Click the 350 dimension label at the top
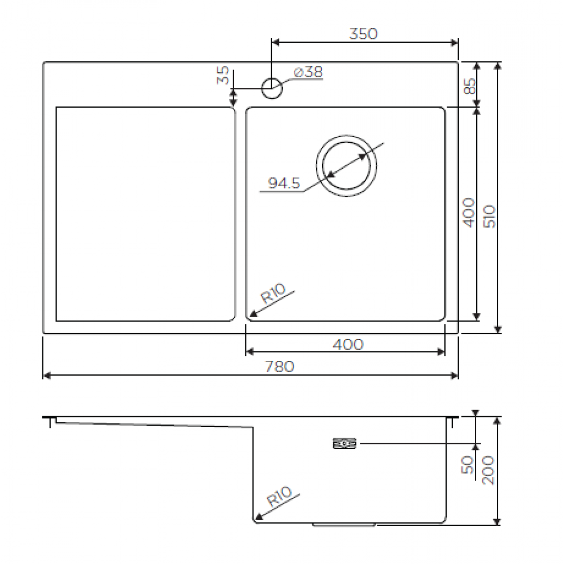click(363, 34)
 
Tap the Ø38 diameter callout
click(309, 72)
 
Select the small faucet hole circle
click(272, 89)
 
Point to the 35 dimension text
click(223, 75)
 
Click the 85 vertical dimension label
click(469, 86)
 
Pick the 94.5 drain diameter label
click(284, 183)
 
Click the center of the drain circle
click(346, 166)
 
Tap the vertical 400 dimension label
click(468, 213)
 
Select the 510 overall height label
click(490, 217)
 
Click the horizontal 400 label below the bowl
click(348, 345)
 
